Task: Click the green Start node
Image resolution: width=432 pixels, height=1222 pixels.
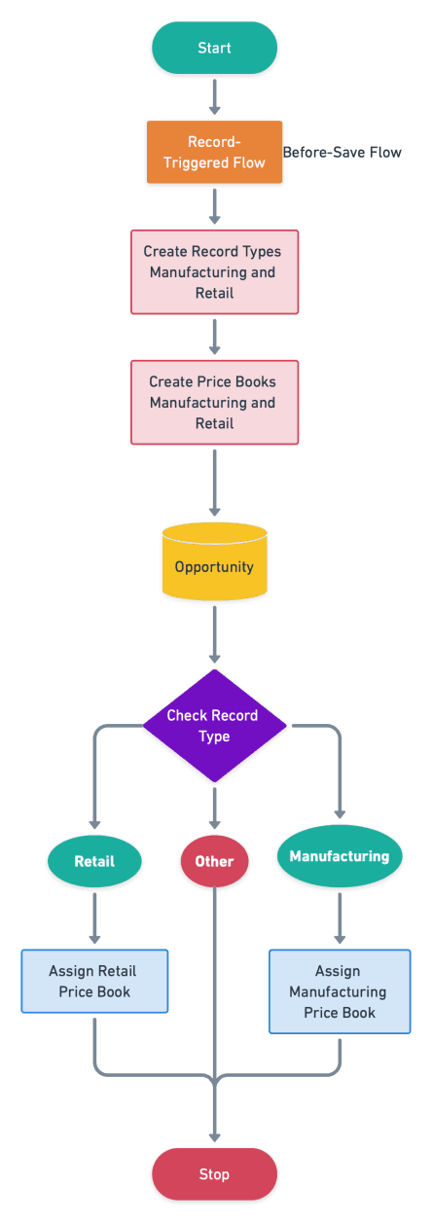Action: [x=214, y=48]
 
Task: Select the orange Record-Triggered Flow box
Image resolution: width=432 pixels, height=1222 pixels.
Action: [x=214, y=152]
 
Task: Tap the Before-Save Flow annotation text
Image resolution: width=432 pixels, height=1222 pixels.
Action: [x=342, y=152]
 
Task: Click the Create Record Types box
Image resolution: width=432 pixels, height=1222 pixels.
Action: [x=214, y=272]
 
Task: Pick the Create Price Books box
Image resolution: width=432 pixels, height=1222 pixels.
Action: [x=214, y=403]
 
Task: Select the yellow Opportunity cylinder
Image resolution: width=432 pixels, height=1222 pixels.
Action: [x=214, y=561]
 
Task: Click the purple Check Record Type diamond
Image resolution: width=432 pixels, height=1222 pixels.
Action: [x=214, y=726]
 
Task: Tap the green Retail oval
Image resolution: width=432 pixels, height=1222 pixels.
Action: [x=94, y=861]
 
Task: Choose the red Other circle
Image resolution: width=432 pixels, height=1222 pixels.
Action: [x=214, y=861]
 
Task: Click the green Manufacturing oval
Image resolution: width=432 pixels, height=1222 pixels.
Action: [x=340, y=856]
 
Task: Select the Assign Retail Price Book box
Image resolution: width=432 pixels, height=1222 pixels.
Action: [x=94, y=982]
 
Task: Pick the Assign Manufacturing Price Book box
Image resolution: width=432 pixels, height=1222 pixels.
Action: [x=340, y=991]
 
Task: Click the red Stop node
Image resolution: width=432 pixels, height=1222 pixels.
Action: [x=214, y=1174]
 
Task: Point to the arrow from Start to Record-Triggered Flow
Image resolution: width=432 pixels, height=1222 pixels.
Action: [x=214, y=97]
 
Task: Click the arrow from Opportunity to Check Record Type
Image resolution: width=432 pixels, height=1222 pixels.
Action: [x=214, y=634]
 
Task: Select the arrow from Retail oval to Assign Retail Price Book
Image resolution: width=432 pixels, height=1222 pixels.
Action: [x=94, y=918]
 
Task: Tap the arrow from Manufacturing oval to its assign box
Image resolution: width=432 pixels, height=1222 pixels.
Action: [x=340, y=918]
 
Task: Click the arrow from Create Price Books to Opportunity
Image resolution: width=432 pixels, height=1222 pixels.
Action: [x=214, y=483]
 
